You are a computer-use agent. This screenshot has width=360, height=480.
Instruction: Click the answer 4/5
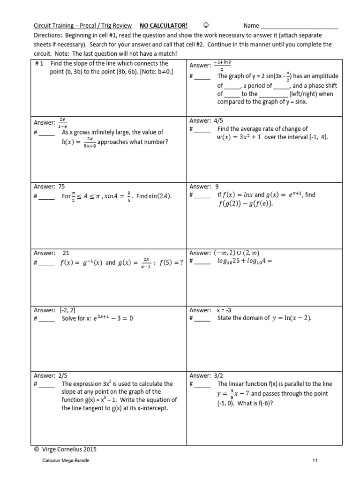[219, 120]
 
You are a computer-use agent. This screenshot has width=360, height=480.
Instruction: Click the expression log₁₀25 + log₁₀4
[244, 262]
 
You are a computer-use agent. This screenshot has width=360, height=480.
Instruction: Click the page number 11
[315, 461]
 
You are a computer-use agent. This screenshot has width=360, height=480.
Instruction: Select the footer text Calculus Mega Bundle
[66, 461]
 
